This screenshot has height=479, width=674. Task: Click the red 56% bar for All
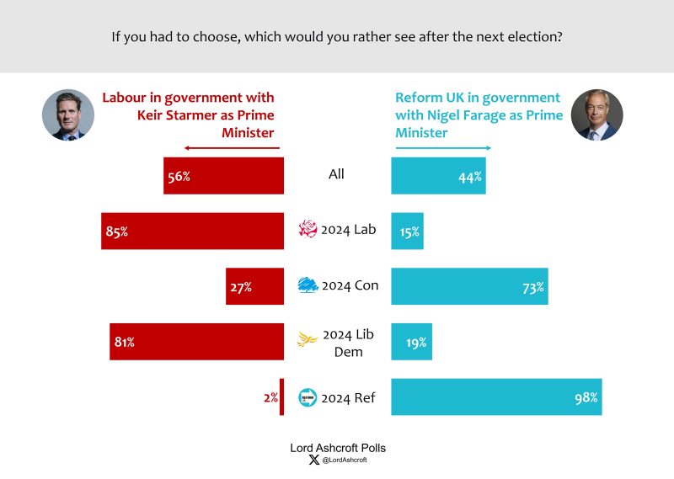(x=223, y=176)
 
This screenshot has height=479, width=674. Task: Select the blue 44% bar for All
(x=438, y=176)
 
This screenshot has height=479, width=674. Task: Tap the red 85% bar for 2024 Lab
(x=192, y=231)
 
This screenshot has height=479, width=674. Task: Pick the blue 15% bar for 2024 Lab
(x=407, y=231)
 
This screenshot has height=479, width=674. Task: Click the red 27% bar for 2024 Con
(x=254, y=286)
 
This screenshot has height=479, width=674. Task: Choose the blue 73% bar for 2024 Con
(x=469, y=286)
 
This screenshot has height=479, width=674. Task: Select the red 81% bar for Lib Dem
(x=196, y=342)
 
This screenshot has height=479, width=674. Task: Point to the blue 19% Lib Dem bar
(x=411, y=342)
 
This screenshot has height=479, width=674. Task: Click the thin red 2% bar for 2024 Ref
(x=281, y=397)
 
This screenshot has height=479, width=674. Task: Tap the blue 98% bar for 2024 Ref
(x=496, y=397)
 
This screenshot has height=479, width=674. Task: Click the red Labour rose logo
(x=308, y=229)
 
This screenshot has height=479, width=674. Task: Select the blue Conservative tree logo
(x=308, y=285)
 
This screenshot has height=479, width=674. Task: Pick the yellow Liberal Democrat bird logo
(x=308, y=339)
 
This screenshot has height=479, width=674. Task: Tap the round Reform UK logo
(x=308, y=397)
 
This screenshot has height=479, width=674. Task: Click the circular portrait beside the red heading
(x=68, y=114)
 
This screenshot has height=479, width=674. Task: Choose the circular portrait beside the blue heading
(x=596, y=114)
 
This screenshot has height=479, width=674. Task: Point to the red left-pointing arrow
(x=231, y=150)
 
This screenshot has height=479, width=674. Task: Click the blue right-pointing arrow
(x=443, y=150)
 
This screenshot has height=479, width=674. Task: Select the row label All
(x=336, y=174)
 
